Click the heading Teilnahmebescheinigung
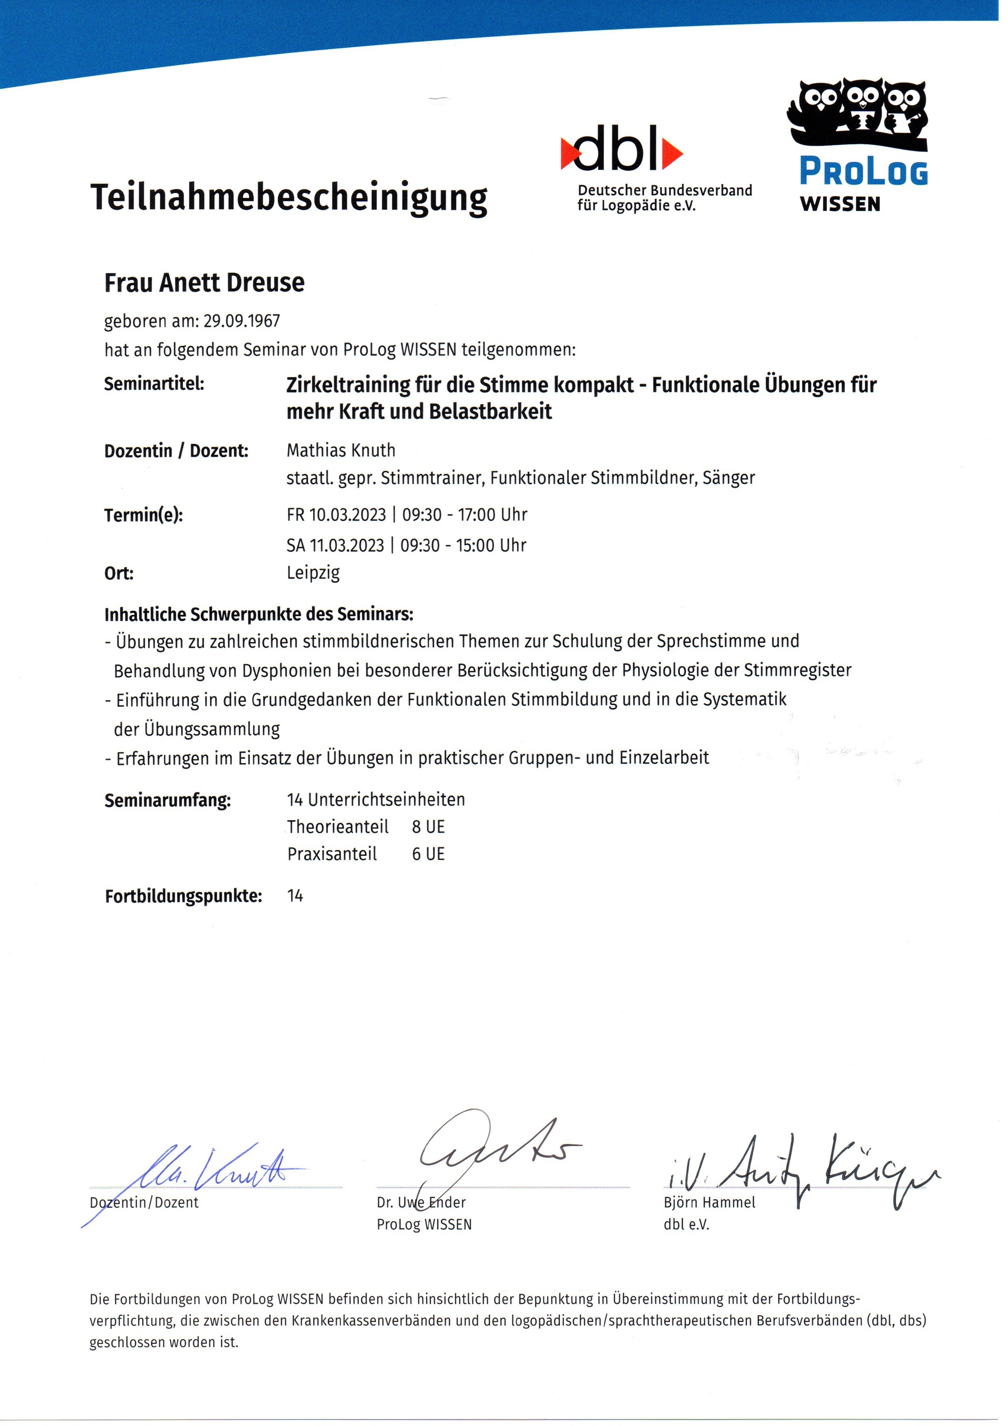point(289,197)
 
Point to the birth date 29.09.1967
point(242,321)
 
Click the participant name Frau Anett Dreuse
point(204,283)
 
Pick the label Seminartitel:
point(154,384)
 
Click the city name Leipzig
point(313,572)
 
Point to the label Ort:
point(119,573)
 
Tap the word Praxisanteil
point(332,855)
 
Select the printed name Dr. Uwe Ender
point(421,1203)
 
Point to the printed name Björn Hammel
point(709,1203)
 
